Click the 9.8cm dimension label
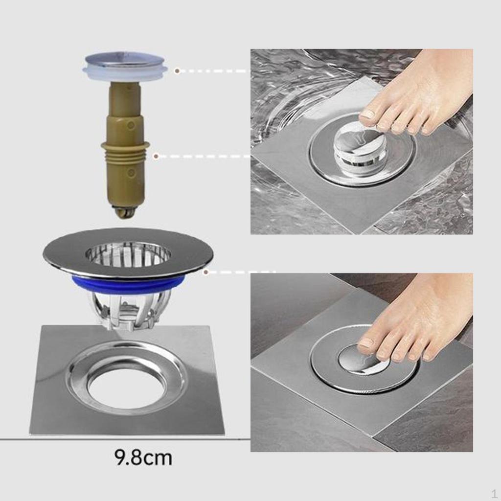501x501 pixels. [143, 458]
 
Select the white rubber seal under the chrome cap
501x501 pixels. [125, 74]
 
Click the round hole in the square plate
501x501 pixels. [127, 386]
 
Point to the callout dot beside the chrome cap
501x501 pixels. [177, 71]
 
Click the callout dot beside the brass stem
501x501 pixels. [156, 157]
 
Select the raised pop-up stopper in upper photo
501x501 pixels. [360, 147]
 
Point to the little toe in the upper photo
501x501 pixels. [428, 127]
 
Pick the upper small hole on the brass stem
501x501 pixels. [131, 125]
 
